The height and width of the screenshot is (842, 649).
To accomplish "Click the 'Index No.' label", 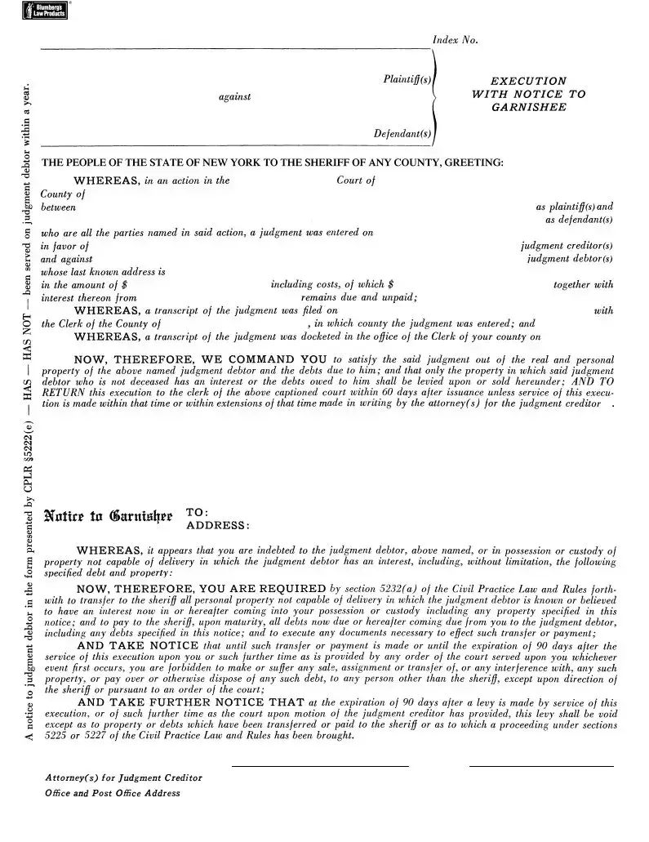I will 455,41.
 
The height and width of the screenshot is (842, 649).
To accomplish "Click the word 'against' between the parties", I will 235,97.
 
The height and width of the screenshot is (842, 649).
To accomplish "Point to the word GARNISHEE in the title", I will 528,107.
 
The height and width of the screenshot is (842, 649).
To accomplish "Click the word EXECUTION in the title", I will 528,81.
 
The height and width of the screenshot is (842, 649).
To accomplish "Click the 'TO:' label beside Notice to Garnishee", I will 198,512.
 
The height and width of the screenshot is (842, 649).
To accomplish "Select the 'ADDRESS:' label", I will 218,525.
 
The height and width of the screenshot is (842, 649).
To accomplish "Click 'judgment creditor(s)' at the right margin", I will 567,245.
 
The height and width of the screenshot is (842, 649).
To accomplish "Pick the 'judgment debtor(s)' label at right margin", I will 570,259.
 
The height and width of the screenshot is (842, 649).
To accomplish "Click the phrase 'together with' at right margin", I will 583,285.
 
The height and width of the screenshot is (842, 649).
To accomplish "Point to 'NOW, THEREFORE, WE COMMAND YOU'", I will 202,359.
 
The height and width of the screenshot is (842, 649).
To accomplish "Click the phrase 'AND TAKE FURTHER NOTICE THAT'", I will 190,702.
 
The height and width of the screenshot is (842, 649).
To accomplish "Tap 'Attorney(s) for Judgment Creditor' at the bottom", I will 123,778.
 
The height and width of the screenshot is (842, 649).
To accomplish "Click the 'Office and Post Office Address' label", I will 113,793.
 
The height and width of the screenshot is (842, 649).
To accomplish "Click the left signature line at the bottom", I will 320,766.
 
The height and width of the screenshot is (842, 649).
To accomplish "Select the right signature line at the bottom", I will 541,766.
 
